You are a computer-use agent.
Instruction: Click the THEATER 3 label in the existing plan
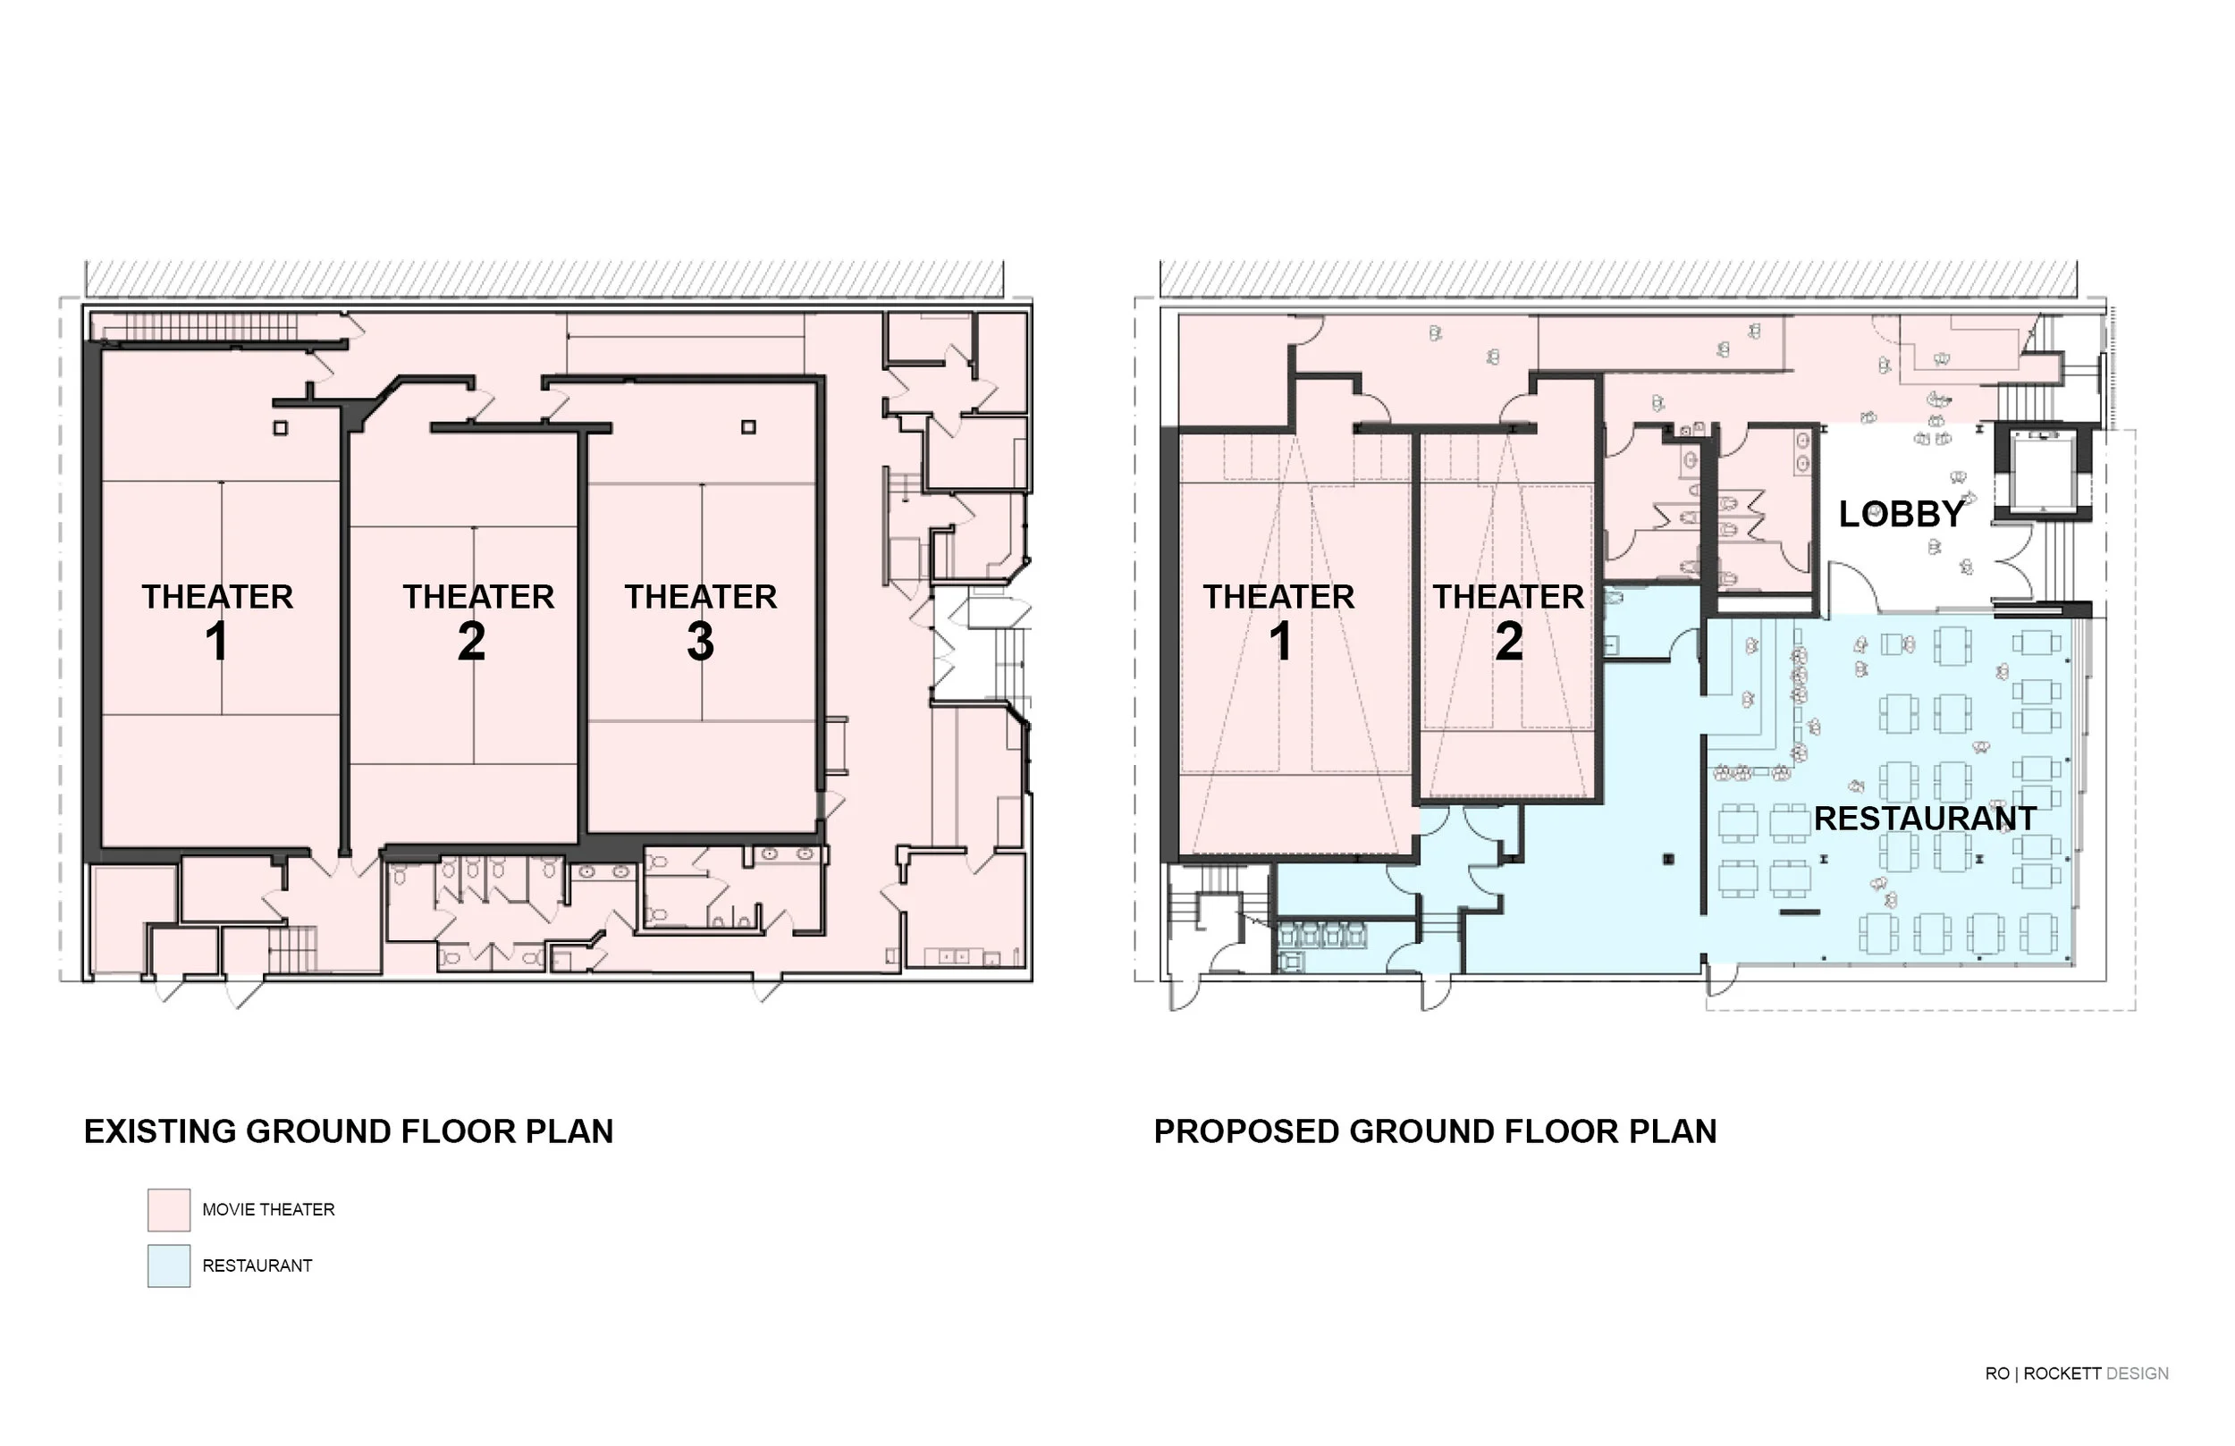point(701,597)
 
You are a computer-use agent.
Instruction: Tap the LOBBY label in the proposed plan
point(1901,515)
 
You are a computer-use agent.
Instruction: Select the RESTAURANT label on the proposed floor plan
point(1924,819)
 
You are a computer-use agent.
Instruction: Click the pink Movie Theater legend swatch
point(169,1210)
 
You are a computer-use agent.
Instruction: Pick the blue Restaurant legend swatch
point(169,1265)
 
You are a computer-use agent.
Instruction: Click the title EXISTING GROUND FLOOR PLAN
point(349,1131)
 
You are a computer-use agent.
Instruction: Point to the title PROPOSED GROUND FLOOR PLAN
point(1435,1131)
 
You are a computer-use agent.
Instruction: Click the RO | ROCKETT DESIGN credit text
point(2076,1374)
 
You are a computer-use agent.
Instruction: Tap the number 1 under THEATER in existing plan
point(217,643)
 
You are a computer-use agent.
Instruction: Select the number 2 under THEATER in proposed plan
point(1508,643)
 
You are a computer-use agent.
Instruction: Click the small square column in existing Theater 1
point(280,428)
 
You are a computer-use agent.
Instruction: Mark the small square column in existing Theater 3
point(748,427)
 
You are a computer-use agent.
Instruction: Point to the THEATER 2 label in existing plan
point(478,597)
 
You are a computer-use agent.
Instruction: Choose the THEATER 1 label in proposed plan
point(1278,597)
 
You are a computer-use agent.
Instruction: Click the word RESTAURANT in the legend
point(257,1265)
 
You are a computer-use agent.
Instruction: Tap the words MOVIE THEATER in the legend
point(268,1210)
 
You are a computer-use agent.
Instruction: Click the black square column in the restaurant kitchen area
point(1668,858)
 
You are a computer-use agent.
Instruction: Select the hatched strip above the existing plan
point(544,279)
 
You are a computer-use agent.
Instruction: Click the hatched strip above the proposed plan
point(1618,279)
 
